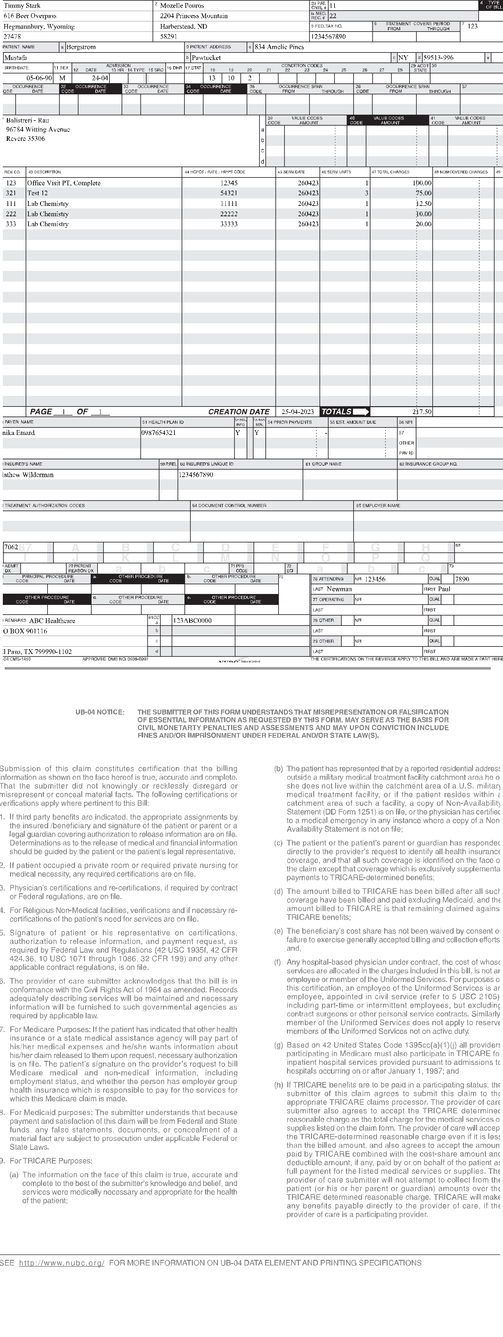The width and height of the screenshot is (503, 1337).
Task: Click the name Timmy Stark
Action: tap(22, 6)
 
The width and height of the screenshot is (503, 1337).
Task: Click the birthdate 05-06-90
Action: tap(39, 78)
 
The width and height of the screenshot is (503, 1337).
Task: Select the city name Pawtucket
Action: tap(206, 57)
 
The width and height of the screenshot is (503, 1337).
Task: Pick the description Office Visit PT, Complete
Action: tap(64, 183)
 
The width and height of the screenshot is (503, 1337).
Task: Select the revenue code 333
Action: tap(11, 224)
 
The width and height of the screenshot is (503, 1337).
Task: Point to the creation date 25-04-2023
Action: tap(297, 412)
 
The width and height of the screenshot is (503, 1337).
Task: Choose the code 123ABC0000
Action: tap(192, 620)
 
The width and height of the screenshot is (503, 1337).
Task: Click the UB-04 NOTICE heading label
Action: tap(100, 712)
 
